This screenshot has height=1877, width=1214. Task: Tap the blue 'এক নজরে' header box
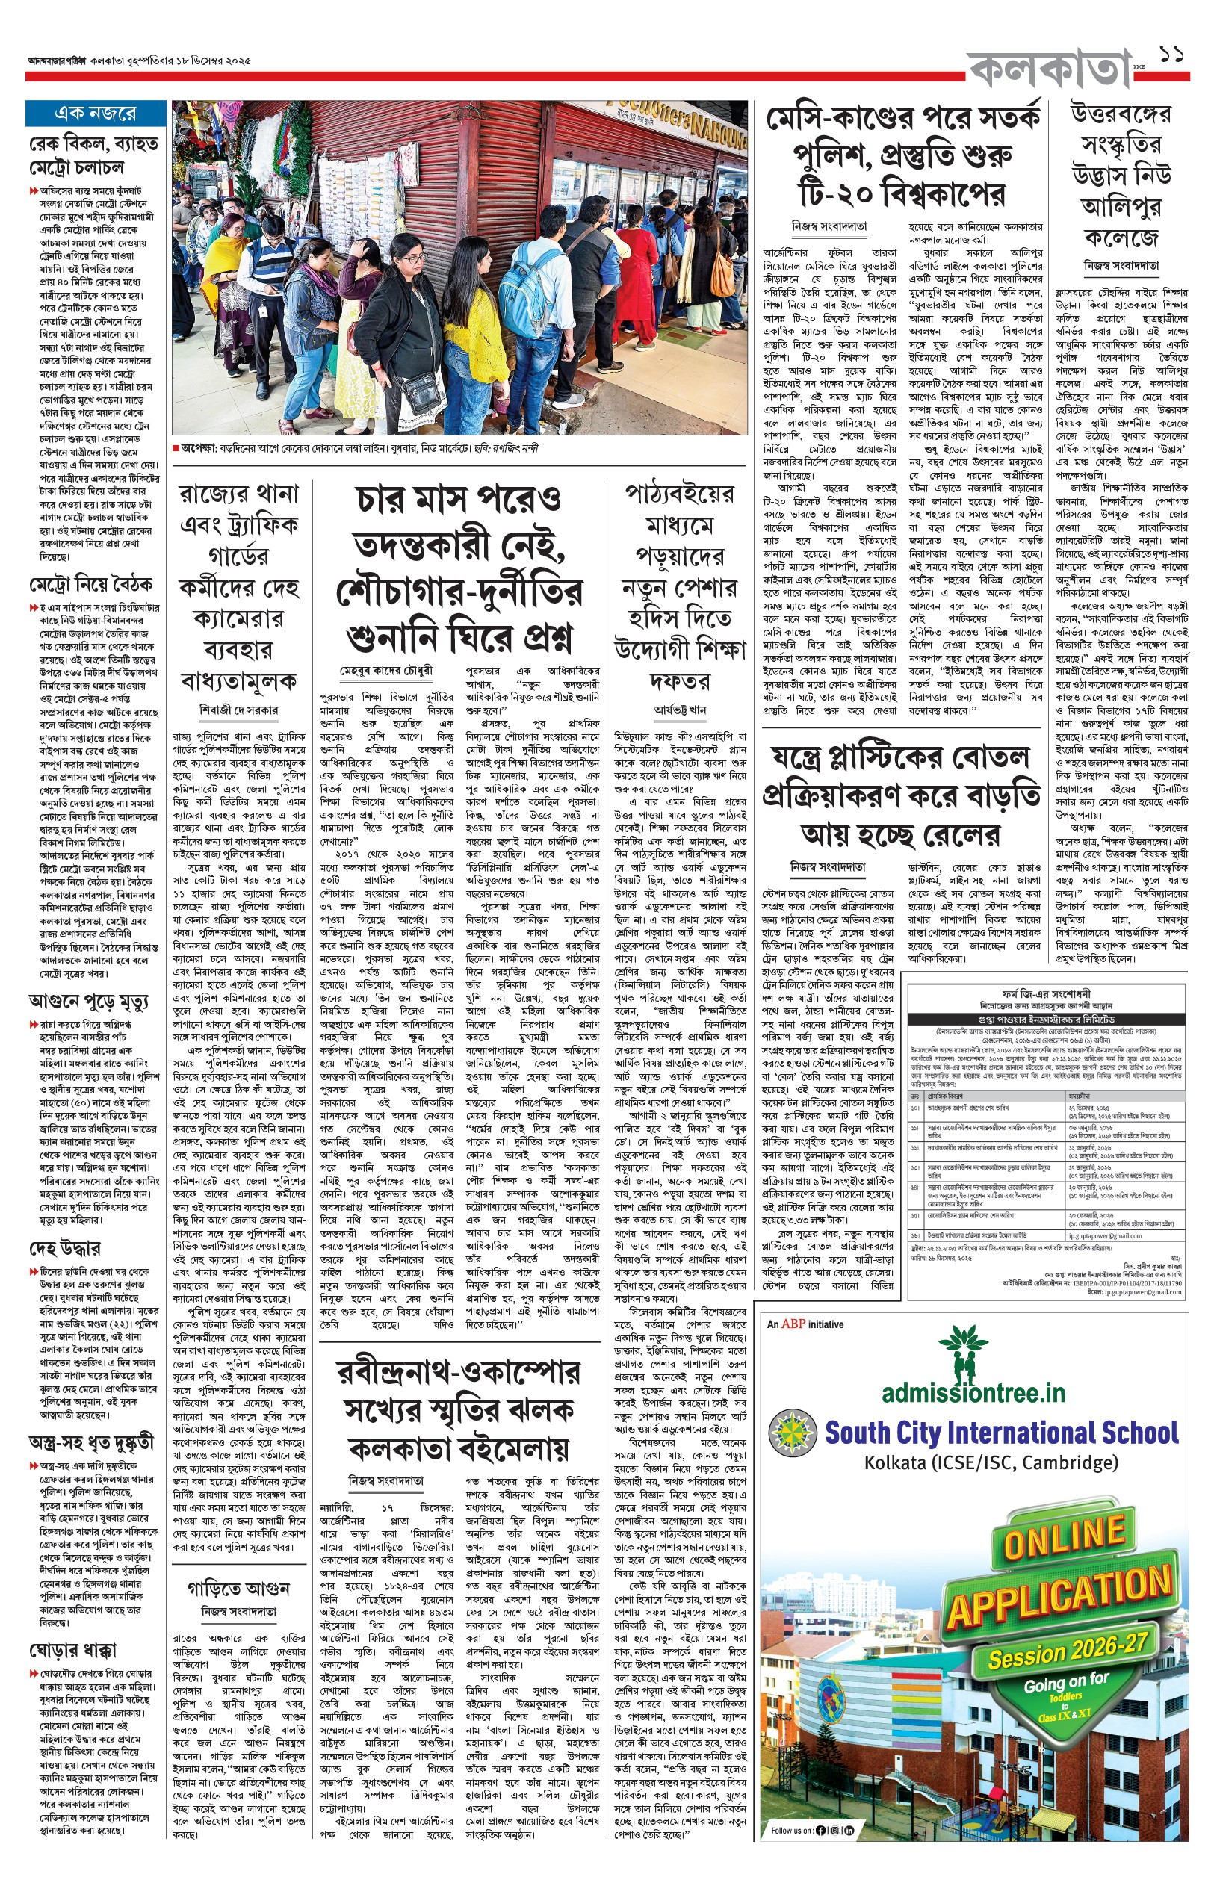coord(95,114)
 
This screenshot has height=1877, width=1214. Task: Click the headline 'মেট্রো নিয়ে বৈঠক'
coord(90,585)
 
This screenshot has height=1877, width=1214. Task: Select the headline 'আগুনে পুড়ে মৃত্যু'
coord(87,1002)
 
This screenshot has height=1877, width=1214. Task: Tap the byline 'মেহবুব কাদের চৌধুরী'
coord(386,671)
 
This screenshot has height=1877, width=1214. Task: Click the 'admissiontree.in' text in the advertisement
coord(973,1393)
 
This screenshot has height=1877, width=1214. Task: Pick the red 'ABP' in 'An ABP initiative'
coord(793,1324)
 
